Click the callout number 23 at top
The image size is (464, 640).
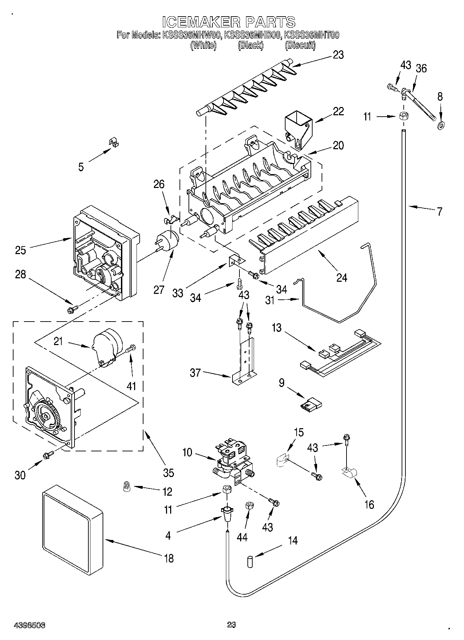pyautogui.click(x=338, y=55)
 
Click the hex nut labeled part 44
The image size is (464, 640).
pyautogui.click(x=248, y=506)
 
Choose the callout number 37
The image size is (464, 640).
pyautogui.click(x=195, y=373)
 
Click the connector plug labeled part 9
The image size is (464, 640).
pyautogui.click(x=312, y=404)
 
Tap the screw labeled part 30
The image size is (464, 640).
pyautogui.click(x=48, y=455)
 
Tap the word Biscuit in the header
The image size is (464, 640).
pyautogui.click(x=300, y=45)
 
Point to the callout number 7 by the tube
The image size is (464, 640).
pyautogui.click(x=439, y=211)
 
